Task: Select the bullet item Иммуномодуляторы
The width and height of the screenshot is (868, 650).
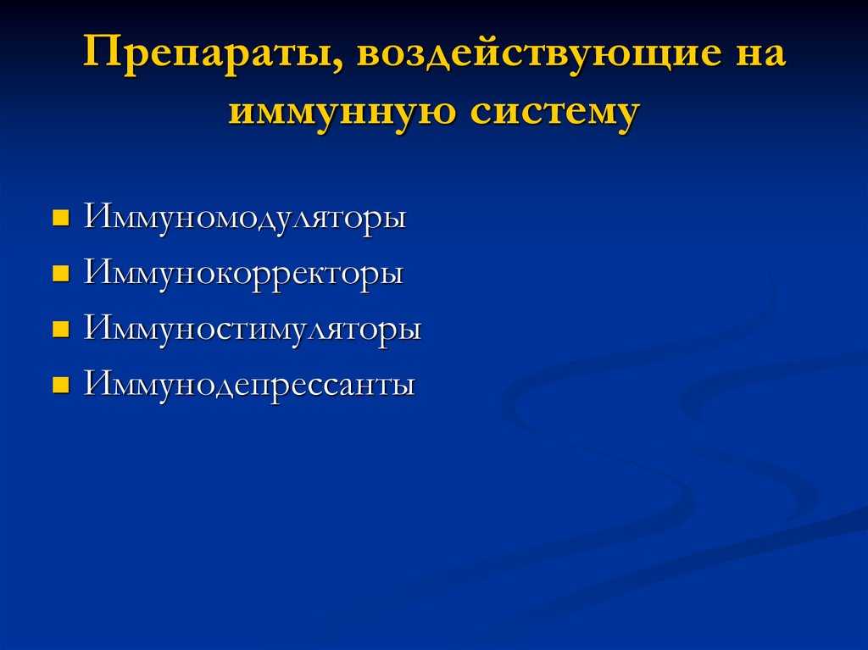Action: (x=245, y=218)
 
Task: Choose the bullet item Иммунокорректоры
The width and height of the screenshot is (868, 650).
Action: (x=243, y=274)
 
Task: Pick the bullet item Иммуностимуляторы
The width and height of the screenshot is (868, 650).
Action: (x=253, y=330)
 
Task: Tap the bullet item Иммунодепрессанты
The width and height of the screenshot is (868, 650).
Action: (x=249, y=385)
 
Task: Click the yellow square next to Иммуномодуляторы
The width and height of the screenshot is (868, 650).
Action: (x=61, y=218)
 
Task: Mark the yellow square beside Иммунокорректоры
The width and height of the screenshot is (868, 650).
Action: (x=61, y=274)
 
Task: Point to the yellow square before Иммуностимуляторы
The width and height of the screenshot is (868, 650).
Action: (x=61, y=330)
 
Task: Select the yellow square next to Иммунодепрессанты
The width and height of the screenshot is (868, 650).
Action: (x=61, y=386)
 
